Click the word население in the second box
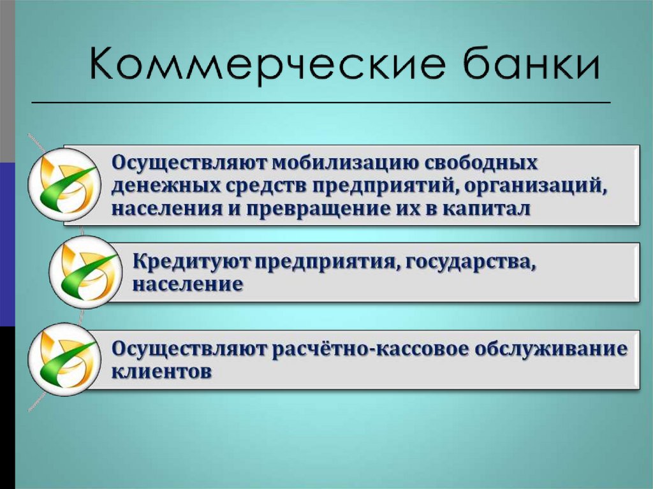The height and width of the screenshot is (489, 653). (x=187, y=284)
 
